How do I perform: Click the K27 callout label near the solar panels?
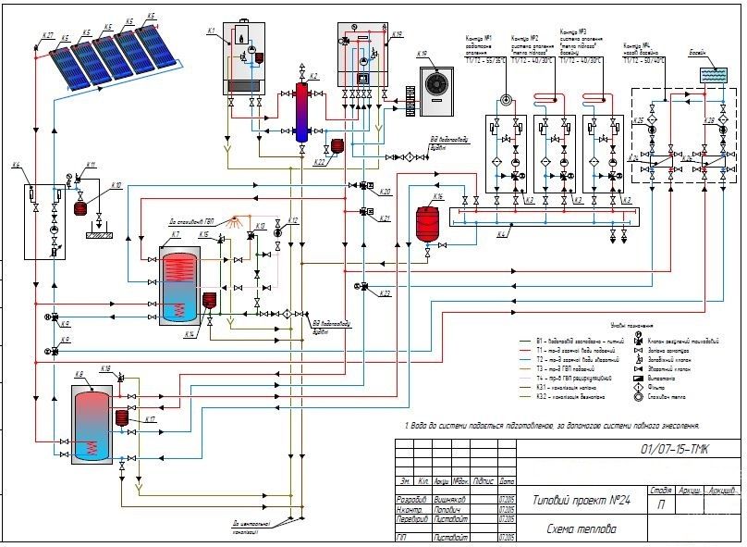tap(48, 35)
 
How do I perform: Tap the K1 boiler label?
tap(212, 31)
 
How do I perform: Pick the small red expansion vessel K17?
tap(122, 417)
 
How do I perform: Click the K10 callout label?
tap(116, 185)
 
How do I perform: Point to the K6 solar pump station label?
tap(16, 166)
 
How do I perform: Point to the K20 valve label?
tap(385, 192)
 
